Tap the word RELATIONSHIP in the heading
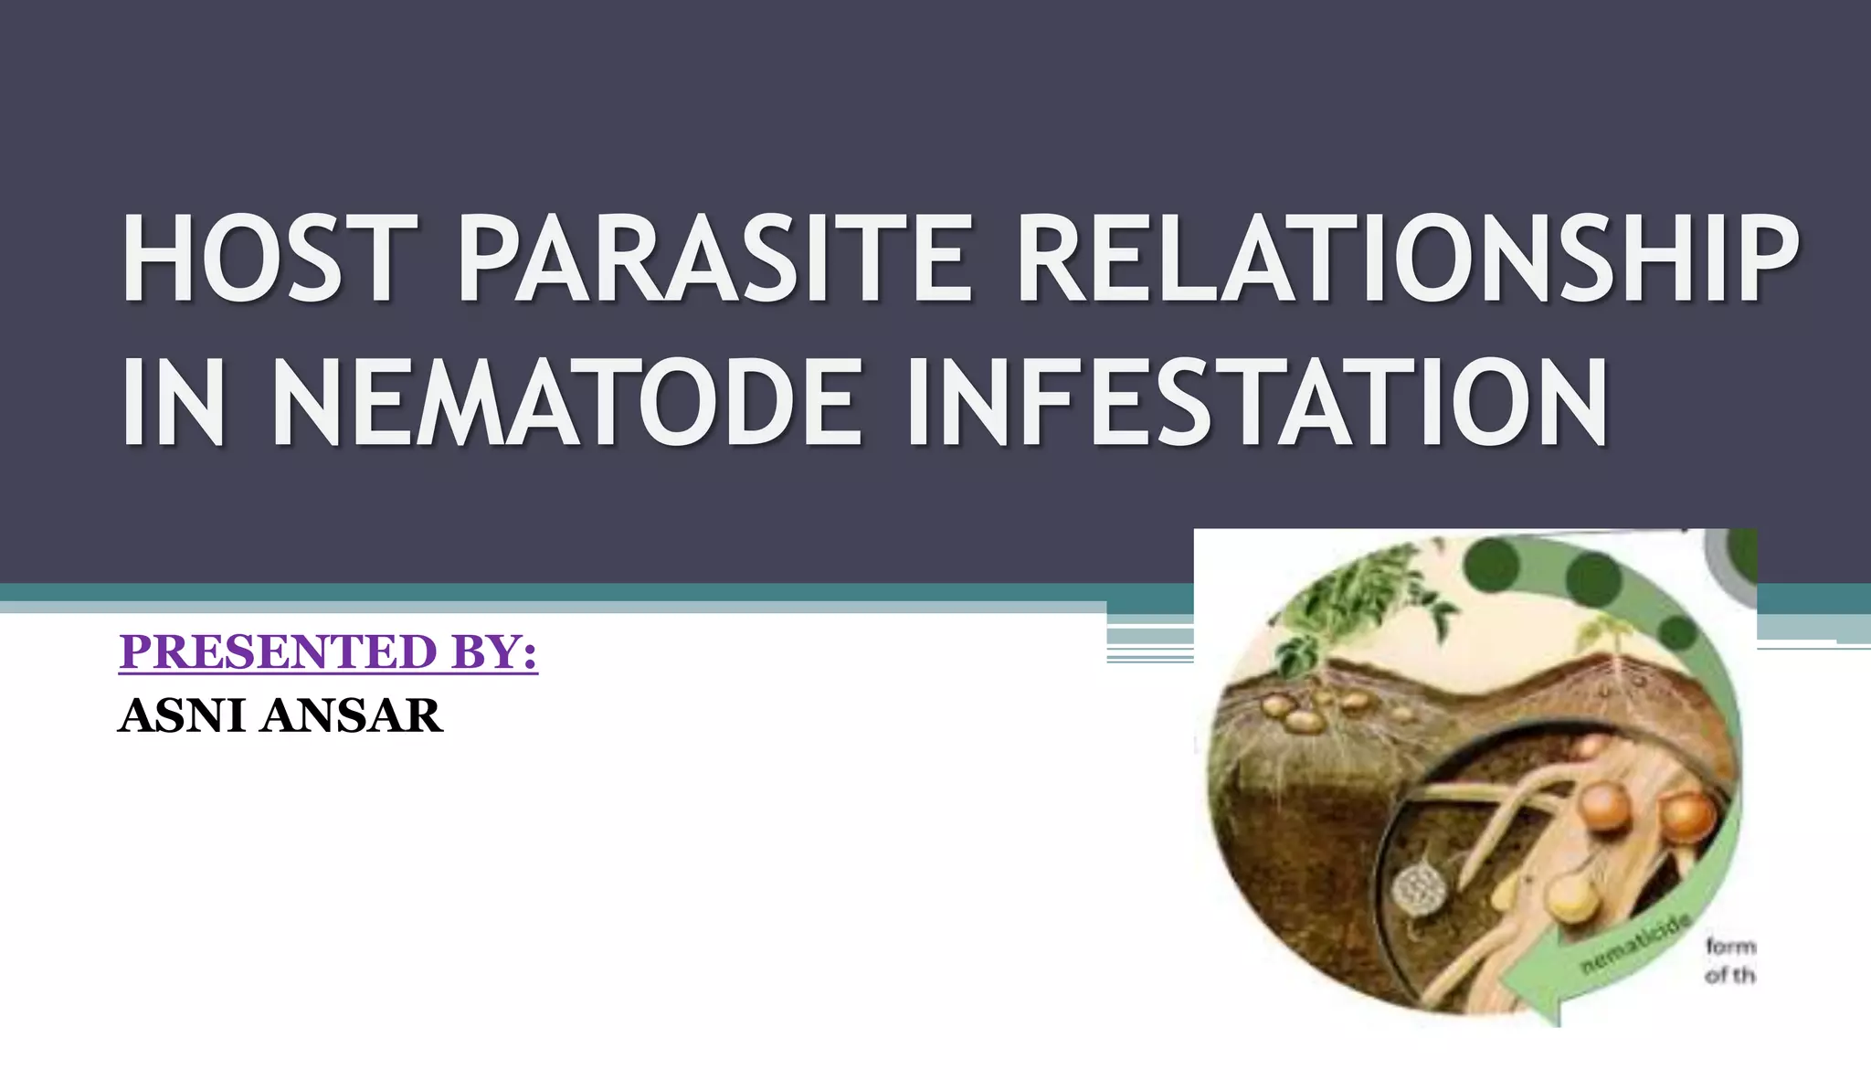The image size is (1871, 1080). (1407, 259)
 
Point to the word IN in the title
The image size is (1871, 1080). (174, 403)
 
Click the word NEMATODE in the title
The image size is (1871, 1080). (566, 403)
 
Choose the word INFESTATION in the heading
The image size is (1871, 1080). (1256, 403)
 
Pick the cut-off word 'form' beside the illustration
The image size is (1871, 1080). (1730, 946)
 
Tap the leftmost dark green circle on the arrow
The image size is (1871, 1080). (1492, 564)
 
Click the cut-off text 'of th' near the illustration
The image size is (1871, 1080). (1729, 976)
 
